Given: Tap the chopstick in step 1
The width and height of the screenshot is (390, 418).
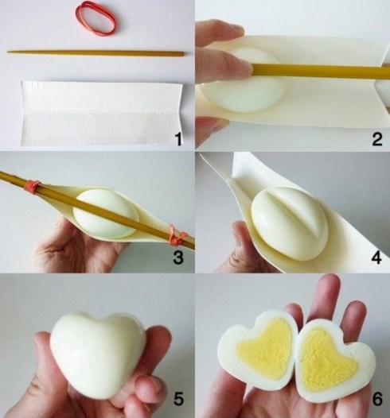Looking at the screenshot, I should click(96, 53).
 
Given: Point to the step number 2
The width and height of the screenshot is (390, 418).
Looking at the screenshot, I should click(376, 141).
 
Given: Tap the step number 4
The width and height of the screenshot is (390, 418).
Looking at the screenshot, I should click(376, 257).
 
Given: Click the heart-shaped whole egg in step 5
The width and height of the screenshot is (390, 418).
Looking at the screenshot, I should click(96, 350).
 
